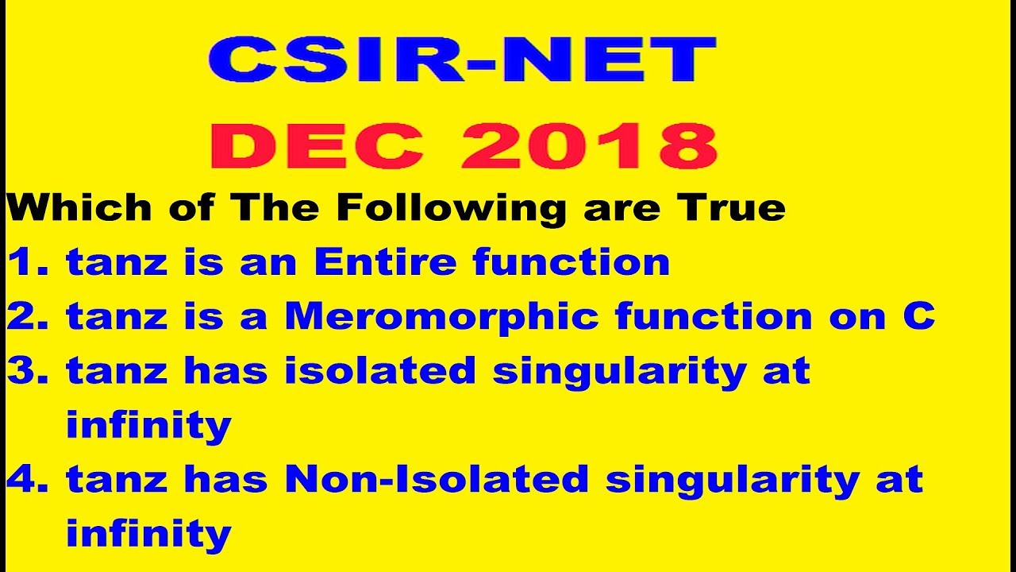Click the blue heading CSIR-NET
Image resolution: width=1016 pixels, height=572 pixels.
[x=462, y=60]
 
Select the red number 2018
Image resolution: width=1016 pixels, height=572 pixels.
[x=588, y=146]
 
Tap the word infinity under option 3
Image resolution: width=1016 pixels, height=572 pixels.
[x=148, y=425]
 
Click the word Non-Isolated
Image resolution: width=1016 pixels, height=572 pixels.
[x=437, y=479]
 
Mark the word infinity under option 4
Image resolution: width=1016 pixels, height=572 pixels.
[x=148, y=533]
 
